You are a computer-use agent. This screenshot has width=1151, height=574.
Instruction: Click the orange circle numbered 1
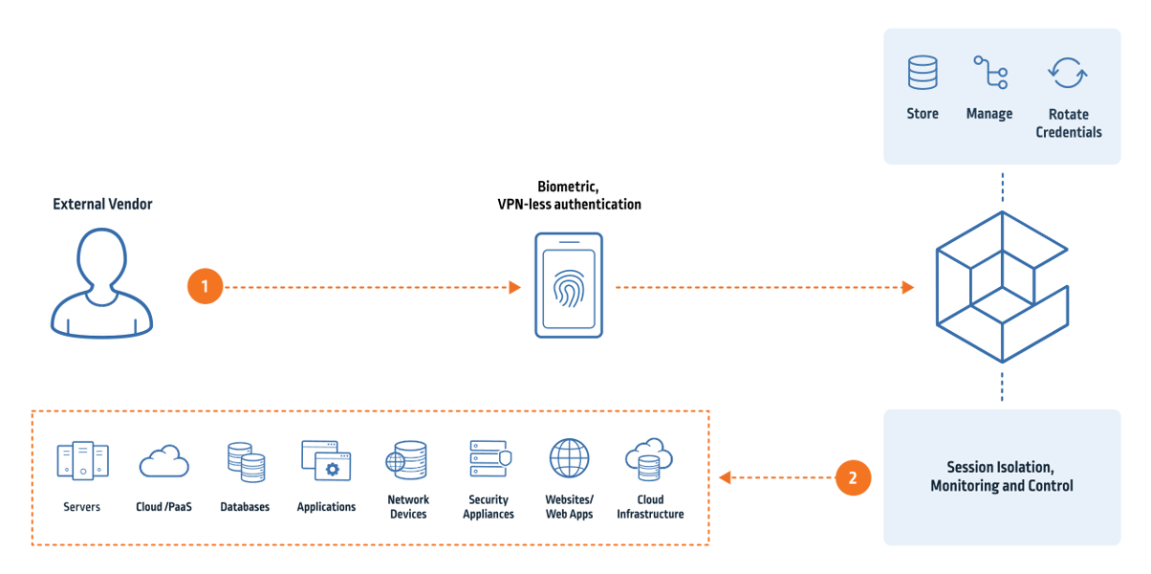[x=206, y=286]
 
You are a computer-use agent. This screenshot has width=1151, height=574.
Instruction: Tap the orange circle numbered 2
[x=853, y=476]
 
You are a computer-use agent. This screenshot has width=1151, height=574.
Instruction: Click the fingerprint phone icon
[x=568, y=285]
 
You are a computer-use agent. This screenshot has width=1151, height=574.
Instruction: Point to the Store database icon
[x=923, y=74]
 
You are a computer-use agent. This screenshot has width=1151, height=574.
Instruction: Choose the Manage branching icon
[x=989, y=74]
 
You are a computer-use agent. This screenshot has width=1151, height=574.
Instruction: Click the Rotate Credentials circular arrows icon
[x=1067, y=74]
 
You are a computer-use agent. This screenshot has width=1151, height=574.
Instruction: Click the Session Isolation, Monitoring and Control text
[x=1001, y=476]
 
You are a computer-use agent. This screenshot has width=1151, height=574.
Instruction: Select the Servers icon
[x=82, y=461]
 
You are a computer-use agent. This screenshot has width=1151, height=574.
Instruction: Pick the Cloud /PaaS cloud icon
[x=163, y=463]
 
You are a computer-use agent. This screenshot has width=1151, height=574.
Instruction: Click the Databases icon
[x=245, y=462]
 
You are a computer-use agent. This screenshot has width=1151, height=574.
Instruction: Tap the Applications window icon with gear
[x=326, y=461]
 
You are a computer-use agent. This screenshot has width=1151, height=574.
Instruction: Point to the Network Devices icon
[x=407, y=461]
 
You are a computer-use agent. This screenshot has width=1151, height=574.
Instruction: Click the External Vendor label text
[x=102, y=204]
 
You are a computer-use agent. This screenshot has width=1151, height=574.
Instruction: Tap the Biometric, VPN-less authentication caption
[x=569, y=195]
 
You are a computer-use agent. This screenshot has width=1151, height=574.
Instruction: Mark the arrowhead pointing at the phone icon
[x=514, y=287]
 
